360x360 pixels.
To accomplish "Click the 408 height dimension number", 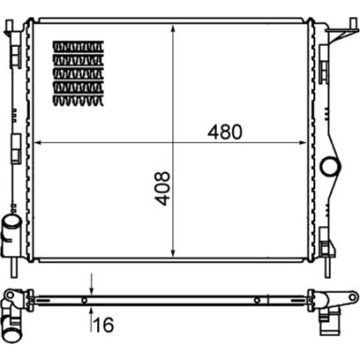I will [164, 187].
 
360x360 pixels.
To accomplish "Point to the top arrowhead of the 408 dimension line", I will [175, 29].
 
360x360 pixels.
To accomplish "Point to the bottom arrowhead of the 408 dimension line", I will [175, 254].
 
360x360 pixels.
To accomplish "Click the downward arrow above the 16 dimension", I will [92, 288].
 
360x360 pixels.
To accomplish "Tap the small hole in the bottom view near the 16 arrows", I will [84, 300].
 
